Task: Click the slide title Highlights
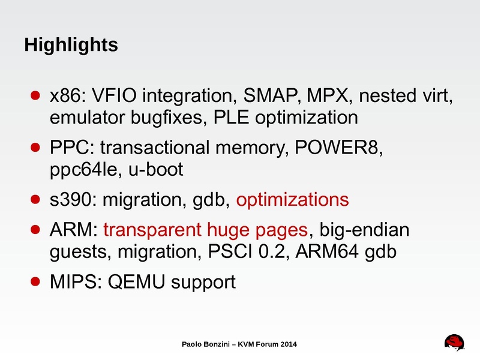(70, 45)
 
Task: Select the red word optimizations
(292, 199)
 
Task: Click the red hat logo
(455, 342)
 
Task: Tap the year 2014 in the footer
(287, 344)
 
